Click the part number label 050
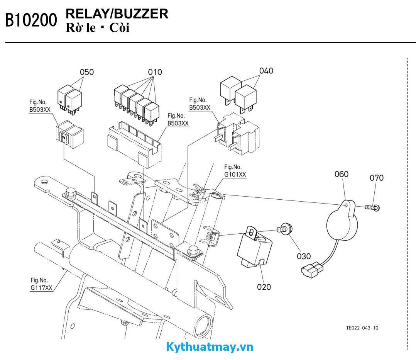tap(86, 72)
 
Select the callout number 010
tap(155, 72)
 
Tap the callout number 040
tap(266, 71)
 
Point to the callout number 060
tap(341, 174)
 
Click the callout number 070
tap(377, 178)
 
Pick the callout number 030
tap(304, 256)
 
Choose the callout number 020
tap(264, 287)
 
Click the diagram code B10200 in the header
tap(31, 20)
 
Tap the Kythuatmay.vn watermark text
tap(210, 347)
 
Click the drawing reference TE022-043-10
tap(362, 328)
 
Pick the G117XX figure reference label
tap(41, 288)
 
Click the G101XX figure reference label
tap(235, 174)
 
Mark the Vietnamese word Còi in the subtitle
tap(119, 28)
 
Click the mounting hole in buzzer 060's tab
tap(346, 205)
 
